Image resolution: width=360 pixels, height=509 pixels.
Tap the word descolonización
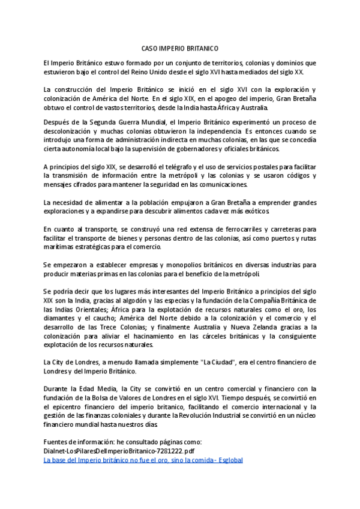(x=71, y=131)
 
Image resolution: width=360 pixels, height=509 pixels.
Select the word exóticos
(x=257, y=211)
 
